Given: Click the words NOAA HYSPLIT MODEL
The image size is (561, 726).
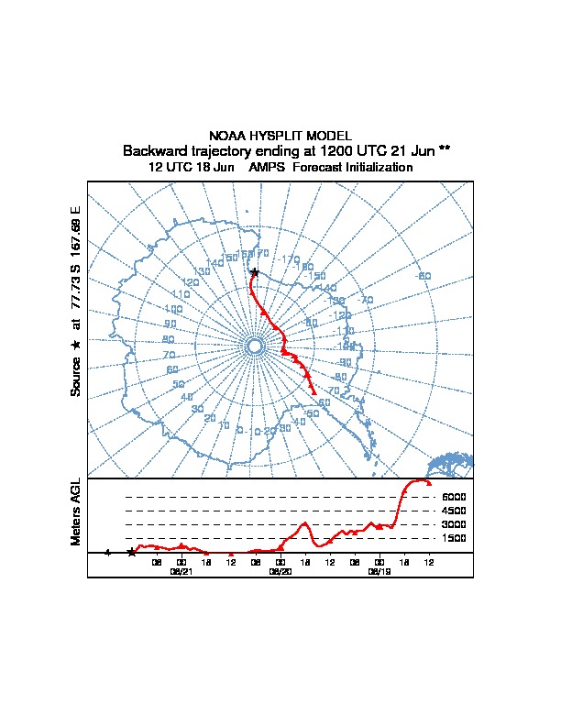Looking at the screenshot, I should tap(280, 135).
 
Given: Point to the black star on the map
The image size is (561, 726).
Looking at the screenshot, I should tap(255, 272).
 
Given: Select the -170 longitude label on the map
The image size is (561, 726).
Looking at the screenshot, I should tap(290, 260).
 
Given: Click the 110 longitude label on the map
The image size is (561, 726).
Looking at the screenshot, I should tap(180, 294).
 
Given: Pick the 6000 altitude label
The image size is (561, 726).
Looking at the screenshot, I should tap(454, 497).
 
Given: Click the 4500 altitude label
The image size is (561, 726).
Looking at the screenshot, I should tap(454, 511).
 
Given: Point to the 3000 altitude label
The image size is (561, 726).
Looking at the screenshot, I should tap(454, 524).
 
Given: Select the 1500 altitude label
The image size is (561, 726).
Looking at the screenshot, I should tap(454, 538).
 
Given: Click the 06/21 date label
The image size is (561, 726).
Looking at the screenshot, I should tap(181, 571).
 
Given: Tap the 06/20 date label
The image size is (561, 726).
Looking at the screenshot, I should tap(280, 571).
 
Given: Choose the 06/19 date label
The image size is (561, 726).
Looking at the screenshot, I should tap(379, 571).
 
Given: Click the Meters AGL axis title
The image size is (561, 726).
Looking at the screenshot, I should tap(76, 512).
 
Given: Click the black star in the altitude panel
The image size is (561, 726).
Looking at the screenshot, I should tap(131, 553).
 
